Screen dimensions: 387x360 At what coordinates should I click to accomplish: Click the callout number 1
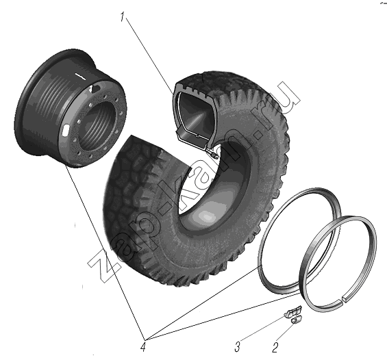click(x=123, y=16)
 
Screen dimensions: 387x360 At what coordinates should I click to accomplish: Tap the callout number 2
click(x=275, y=348)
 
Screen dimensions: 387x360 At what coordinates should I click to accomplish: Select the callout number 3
click(x=237, y=347)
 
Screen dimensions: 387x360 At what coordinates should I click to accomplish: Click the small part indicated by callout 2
click(x=295, y=320)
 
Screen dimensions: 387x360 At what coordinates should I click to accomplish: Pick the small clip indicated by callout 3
click(x=292, y=312)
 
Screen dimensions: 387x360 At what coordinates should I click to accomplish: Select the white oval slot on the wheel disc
click(x=65, y=131)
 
